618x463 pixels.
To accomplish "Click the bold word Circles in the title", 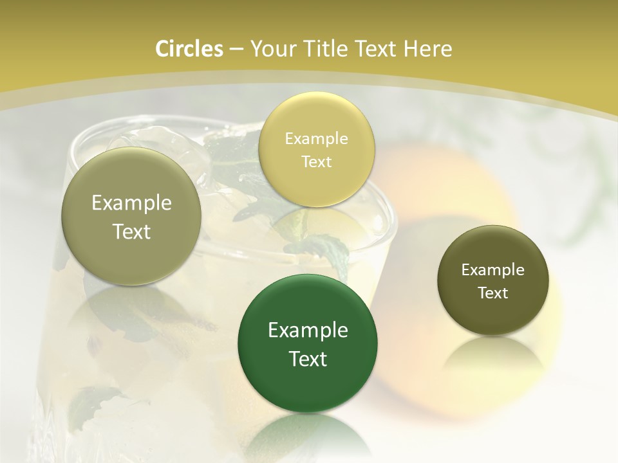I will [189, 49].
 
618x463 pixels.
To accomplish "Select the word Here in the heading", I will [429, 49].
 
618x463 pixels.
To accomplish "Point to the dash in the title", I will [236, 50].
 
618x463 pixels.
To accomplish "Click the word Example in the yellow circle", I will [316, 139].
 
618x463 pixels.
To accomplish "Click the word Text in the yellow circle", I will [316, 162].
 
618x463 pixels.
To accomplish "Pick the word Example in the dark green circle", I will [308, 331].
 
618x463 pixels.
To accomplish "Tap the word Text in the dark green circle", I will [308, 359].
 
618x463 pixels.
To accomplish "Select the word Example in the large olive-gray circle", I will [131, 203].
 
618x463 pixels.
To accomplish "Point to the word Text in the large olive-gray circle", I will [131, 232].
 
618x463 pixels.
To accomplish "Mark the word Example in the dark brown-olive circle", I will [493, 270].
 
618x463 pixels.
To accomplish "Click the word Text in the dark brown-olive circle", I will [493, 293].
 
